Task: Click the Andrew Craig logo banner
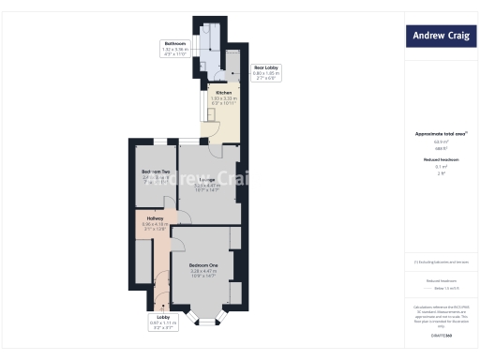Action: point(442,37)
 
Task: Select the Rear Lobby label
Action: point(265,67)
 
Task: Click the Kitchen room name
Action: point(224,94)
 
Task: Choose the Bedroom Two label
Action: point(156,172)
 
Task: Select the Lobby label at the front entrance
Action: point(163,318)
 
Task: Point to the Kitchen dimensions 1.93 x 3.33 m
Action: point(224,98)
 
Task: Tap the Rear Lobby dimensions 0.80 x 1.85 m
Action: point(265,74)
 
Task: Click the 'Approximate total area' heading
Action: point(441,134)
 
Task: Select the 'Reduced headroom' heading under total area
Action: point(441,159)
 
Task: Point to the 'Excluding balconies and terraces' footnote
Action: point(442,261)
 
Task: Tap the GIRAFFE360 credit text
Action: point(442,335)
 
